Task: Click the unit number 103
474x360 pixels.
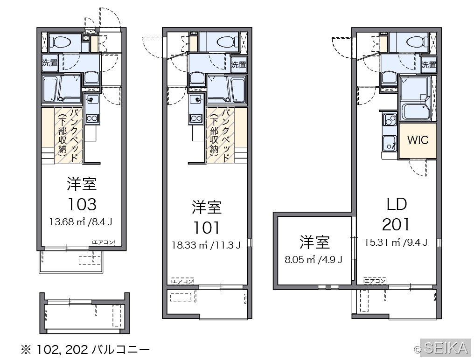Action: pyautogui.click(x=82, y=204)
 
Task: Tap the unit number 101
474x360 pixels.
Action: pyautogui.click(x=207, y=228)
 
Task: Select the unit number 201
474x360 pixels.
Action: pyautogui.click(x=396, y=225)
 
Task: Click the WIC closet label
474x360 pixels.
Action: pyautogui.click(x=418, y=140)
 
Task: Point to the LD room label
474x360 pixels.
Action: pyautogui.click(x=397, y=204)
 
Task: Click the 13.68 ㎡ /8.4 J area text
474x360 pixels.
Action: pyautogui.click(x=81, y=222)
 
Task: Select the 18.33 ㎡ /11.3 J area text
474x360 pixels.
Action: pyautogui.click(x=206, y=245)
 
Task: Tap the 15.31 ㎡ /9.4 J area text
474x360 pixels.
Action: pyautogui.click(x=396, y=242)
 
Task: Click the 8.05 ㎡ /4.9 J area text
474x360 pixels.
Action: pyautogui.click(x=314, y=259)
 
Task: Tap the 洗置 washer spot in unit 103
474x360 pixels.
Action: pyautogui.click(x=50, y=62)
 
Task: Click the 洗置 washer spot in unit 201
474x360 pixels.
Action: pyautogui.click(x=429, y=65)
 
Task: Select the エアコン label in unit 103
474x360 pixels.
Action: pyautogui.click(x=104, y=242)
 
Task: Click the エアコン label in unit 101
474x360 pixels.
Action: pyautogui.click(x=182, y=281)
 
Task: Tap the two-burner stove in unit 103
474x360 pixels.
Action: pyautogui.click(x=92, y=118)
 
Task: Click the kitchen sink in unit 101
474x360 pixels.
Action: pyautogui.click(x=196, y=99)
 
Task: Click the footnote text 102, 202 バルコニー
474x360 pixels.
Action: pyautogui.click(x=93, y=350)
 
